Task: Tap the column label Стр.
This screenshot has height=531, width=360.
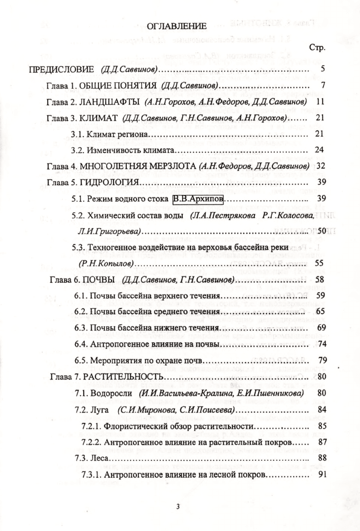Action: tap(317, 48)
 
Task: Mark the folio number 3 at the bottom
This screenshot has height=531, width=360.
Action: tap(178, 506)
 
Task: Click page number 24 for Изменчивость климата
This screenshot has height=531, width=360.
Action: tap(320, 149)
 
